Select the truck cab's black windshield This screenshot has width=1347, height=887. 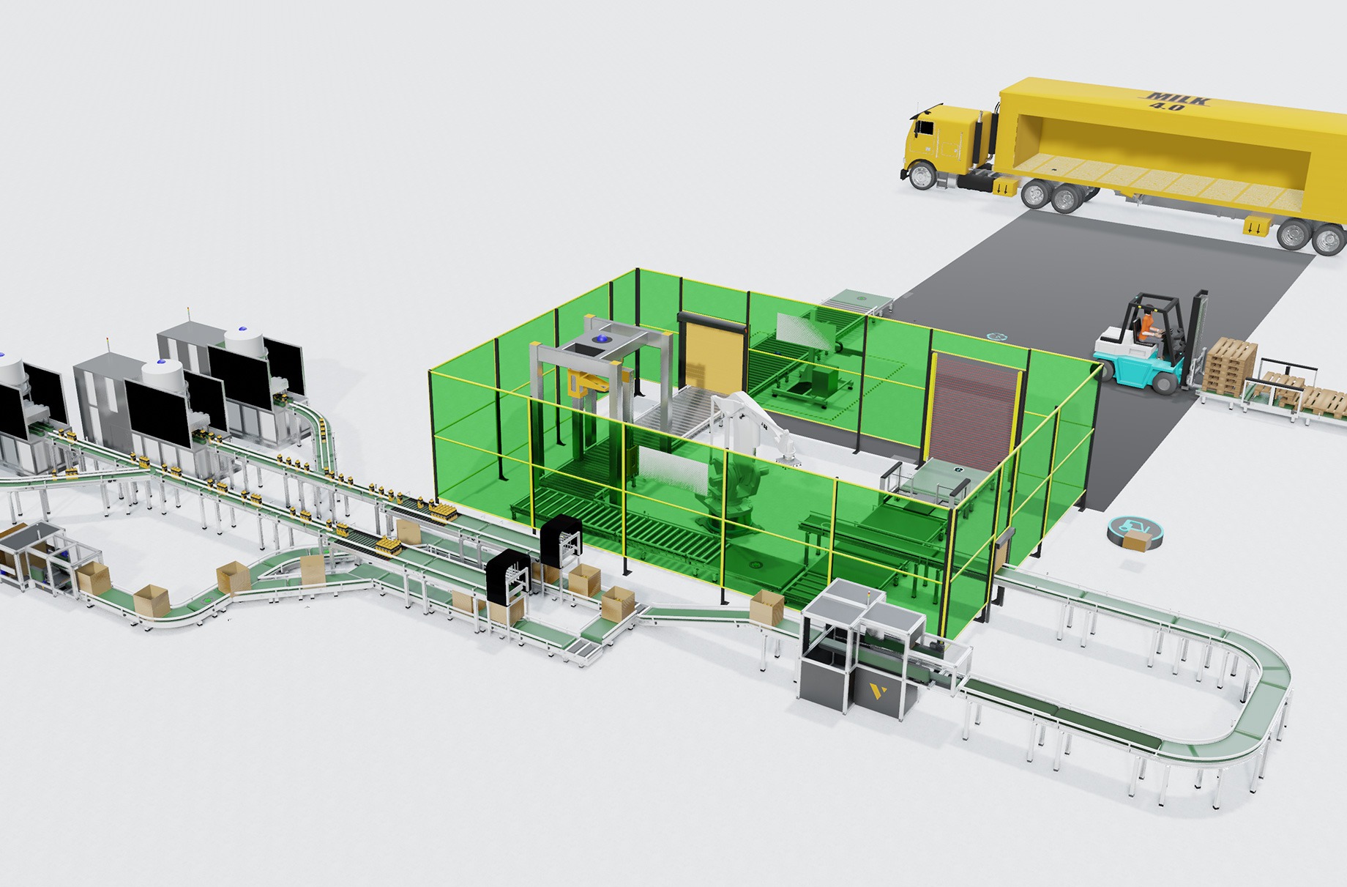point(911,130)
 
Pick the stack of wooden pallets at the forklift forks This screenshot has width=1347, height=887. point(1230,365)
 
